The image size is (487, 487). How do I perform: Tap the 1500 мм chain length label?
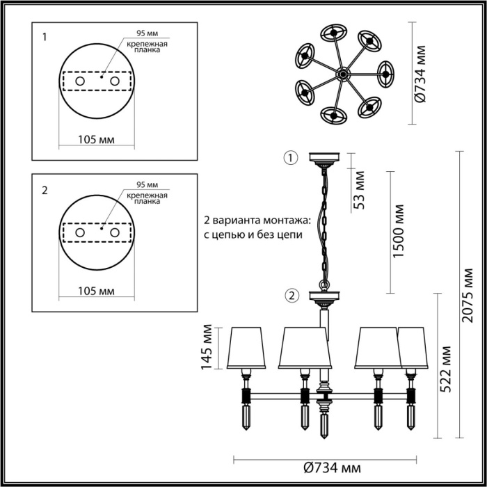398,230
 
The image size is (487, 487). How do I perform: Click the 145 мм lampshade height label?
206,347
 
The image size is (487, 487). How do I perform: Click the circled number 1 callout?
290,158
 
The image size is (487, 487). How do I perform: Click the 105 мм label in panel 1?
95,140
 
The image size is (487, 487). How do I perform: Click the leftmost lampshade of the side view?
247,347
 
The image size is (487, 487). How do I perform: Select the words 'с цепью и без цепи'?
253,235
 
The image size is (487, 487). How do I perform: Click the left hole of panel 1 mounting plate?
79,81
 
